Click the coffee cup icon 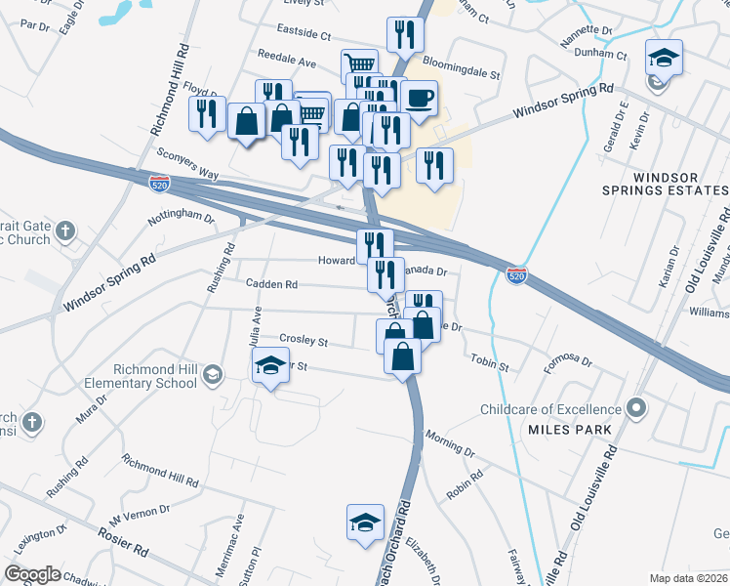[x=419, y=99]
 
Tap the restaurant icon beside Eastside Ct [x=404, y=35]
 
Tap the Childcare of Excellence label [x=550, y=409]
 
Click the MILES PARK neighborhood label [x=570, y=430]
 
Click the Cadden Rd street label [x=270, y=284]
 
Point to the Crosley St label [x=303, y=340]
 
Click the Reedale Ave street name [x=287, y=62]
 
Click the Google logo [x=33, y=573]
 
